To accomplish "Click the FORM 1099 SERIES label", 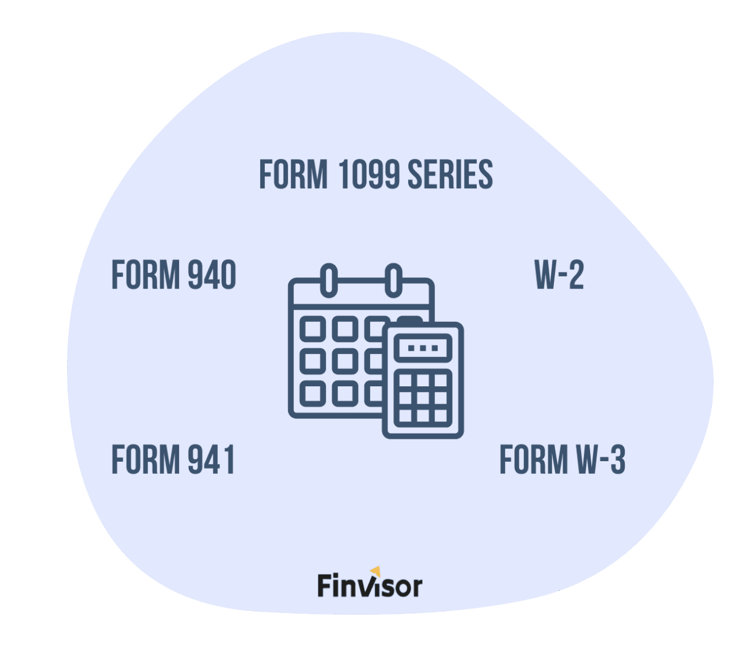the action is pos(376,174).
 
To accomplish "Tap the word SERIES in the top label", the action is pos(450,174).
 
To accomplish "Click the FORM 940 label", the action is pos(174,274).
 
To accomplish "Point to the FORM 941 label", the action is pos(173,459).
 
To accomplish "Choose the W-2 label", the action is pos(559,274).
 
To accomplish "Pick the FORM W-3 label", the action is pos(563,459).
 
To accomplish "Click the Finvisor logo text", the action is pos(370,585).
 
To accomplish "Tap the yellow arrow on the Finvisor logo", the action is pos(376,571).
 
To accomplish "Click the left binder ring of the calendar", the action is pos(329,280).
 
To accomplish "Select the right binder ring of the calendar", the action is pos(393,280).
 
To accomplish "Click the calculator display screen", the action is pos(423,348).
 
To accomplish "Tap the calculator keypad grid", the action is pos(423,398).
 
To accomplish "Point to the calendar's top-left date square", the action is pos(313,329).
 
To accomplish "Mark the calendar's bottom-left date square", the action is pos(313,393).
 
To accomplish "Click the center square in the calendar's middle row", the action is pos(345,361).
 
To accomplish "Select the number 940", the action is pos(212,274).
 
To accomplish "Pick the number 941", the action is pos(211,459).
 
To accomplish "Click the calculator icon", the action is pos(423,380).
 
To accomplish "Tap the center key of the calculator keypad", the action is pos(423,398).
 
